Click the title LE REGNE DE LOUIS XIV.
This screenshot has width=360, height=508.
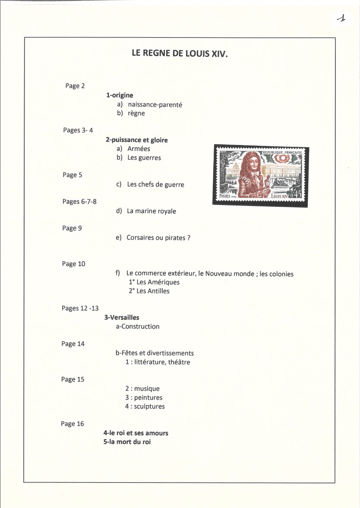point(180,54)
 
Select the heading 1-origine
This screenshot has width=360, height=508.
point(120,95)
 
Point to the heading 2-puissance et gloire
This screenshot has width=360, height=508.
point(136,140)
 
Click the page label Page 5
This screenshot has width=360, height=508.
point(72,175)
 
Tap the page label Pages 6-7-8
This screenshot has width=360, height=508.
point(79,202)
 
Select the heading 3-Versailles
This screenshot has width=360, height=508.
point(122,318)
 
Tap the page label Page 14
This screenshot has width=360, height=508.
point(73,344)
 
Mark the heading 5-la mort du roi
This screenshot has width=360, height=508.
point(127,442)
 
